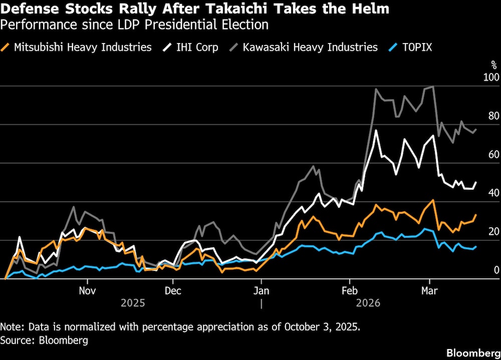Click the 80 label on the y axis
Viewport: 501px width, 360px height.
pos(493,116)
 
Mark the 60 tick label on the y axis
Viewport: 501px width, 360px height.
pos(493,154)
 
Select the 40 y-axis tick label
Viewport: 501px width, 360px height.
pos(493,193)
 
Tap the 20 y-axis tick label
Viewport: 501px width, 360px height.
pos(493,231)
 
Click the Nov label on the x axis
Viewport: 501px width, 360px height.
pos(87,290)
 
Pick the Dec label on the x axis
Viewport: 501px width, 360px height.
pos(172,290)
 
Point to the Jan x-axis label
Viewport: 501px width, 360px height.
pos(261,290)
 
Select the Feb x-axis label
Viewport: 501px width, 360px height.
pos(349,290)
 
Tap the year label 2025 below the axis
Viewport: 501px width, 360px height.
pos(133,303)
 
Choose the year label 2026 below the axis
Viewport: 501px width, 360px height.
pos(368,303)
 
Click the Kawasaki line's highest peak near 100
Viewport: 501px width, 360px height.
pos(432,87)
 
